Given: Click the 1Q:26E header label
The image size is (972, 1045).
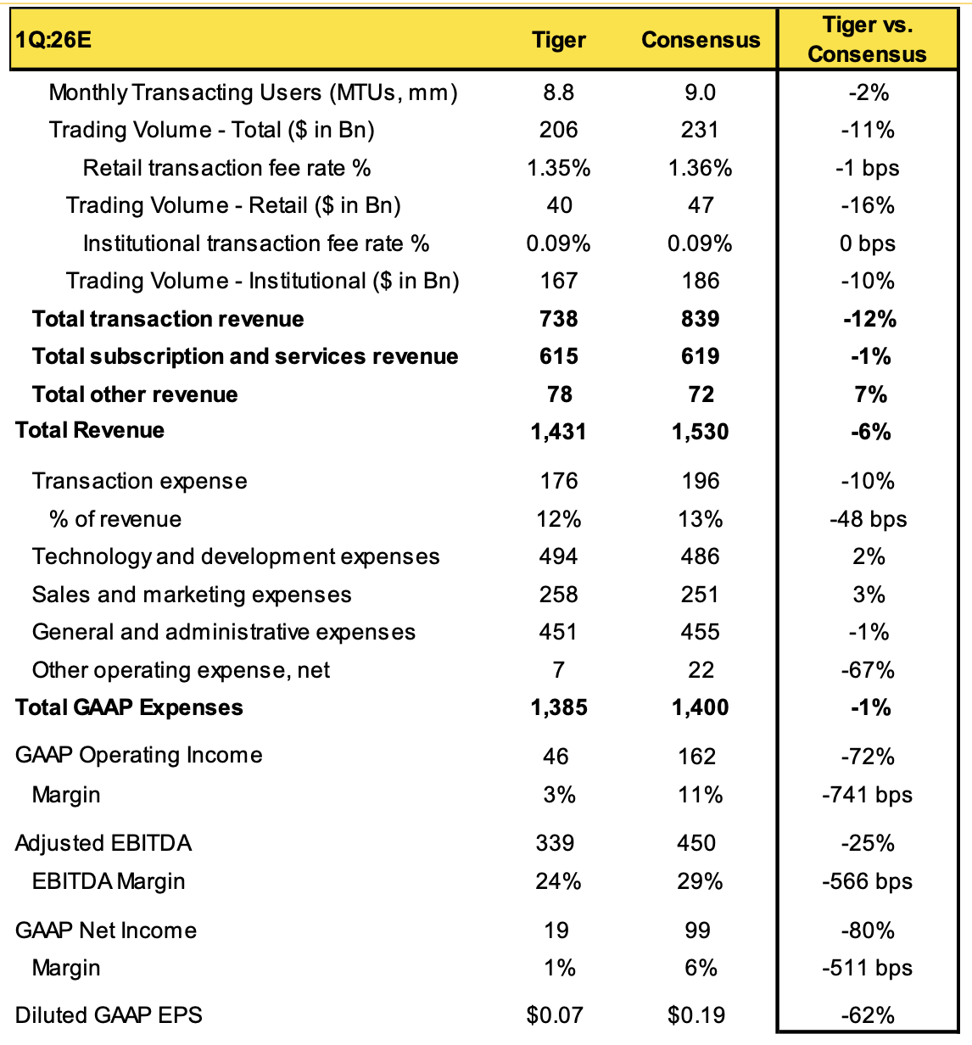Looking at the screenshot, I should (x=53, y=40).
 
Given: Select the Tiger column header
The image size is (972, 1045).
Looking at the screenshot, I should (x=559, y=40).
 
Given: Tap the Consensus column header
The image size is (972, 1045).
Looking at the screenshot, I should (x=701, y=40).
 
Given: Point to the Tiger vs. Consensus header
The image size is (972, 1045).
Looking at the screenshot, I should (x=867, y=39).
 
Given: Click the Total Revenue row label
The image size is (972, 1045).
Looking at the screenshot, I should (x=90, y=430).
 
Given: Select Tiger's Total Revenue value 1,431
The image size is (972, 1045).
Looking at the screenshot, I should (x=558, y=432).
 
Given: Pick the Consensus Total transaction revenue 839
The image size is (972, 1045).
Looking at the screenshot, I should (x=700, y=319).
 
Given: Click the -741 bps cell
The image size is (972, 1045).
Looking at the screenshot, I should (x=867, y=795).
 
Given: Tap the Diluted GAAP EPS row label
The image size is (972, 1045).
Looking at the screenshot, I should (x=109, y=1014).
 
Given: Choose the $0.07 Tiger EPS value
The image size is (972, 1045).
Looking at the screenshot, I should (x=555, y=1014).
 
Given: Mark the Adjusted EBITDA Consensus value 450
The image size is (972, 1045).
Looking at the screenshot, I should (x=696, y=843).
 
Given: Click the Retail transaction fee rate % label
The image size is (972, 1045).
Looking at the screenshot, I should (x=226, y=168).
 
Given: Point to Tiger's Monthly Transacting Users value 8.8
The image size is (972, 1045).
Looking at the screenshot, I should (x=559, y=92).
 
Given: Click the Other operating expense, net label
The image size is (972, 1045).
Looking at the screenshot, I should (x=181, y=670).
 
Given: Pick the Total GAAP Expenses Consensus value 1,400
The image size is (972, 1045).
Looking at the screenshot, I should (x=700, y=707).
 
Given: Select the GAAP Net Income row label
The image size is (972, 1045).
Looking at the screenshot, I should (x=106, y=930).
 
